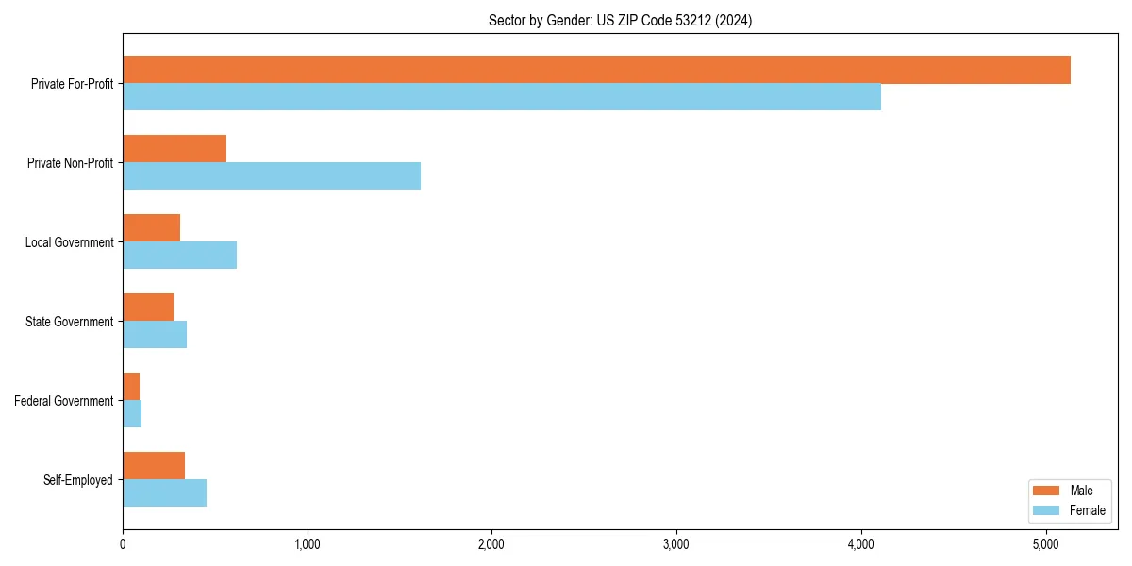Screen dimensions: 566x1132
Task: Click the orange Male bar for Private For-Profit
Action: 596,70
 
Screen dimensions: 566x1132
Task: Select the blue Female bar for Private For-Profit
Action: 502,97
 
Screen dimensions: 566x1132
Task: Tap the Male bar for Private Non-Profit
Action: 175,149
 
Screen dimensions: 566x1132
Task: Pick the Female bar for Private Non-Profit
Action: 272,176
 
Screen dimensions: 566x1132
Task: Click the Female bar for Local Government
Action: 179,256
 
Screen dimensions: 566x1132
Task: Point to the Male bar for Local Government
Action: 151,228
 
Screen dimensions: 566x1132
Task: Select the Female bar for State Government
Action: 155,335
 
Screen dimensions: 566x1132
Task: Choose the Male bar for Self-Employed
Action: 154,466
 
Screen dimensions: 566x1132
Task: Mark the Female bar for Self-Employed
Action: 164,493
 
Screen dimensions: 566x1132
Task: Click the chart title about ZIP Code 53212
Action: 620,20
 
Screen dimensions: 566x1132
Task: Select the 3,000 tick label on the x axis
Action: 676,544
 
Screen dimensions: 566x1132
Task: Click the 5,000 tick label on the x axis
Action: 1046,544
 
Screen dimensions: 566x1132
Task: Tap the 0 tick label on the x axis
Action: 123,544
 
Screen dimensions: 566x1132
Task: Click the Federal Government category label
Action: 64,401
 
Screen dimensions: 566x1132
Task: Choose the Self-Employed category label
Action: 78,480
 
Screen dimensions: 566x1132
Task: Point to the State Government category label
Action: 69,322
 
